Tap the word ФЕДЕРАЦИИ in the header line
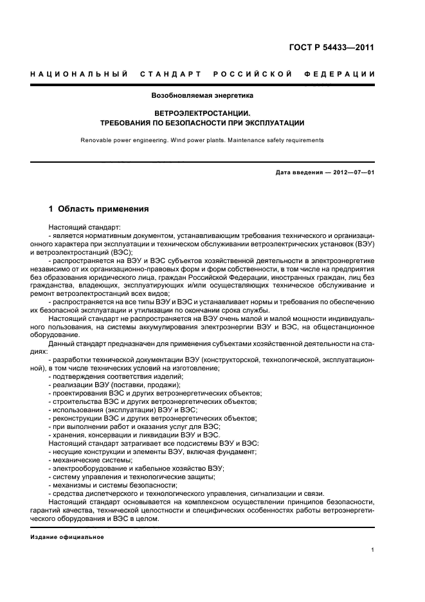pos(345,74)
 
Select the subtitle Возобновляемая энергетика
pos(202,95)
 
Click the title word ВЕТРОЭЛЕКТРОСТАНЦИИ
pos(202,112)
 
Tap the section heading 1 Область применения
pos(99,209)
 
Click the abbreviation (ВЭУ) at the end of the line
pos(364,246)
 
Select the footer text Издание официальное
pos(68,536)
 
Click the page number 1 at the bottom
pos(373,549)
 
